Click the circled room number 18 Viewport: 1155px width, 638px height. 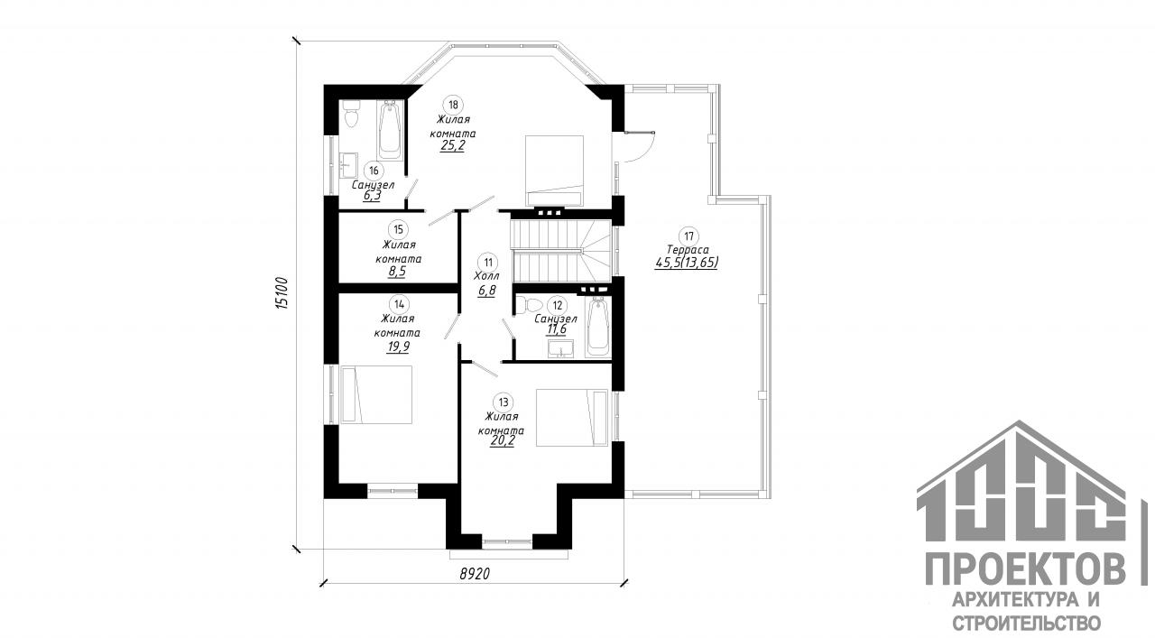[453, 105]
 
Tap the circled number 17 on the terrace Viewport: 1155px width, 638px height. [688, 236]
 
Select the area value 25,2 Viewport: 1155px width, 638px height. [453, 146]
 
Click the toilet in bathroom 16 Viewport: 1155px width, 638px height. [352, 114]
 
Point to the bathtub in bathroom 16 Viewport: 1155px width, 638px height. [391, 130]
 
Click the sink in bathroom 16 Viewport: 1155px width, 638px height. [348, 164]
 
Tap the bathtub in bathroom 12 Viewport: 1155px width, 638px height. [598, 327]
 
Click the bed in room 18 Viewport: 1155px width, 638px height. [554, 171]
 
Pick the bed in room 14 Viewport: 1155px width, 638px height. [376, 394]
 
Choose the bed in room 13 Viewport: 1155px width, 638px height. [572, 417]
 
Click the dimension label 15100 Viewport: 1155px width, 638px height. [281, 293]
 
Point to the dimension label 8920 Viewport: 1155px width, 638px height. [475, 574]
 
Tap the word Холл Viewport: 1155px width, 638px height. [486, 276]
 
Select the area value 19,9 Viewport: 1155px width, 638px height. [398, 347]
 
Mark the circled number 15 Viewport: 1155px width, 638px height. [398, 229]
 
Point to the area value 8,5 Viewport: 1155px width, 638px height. [396, 273]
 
